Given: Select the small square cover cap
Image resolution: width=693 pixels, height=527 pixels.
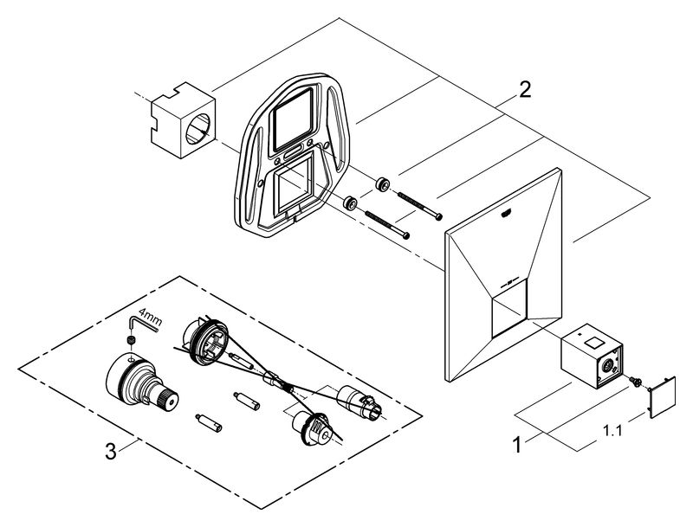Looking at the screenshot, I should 662,395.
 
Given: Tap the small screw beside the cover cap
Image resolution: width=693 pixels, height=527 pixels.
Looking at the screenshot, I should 636,379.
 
